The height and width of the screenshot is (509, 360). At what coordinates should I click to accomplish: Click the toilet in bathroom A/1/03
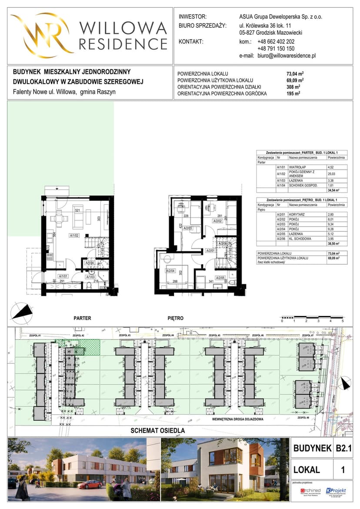(x=88, y=285)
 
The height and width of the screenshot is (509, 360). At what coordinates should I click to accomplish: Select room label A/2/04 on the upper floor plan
(x=170, y=271)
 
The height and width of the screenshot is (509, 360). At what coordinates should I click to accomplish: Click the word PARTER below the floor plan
(x=82, y=318)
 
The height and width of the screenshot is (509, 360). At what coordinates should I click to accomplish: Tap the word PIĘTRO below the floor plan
(x=175, y=318)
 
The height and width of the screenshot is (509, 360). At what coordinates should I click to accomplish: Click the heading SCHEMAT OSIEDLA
(x=158, y=430)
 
